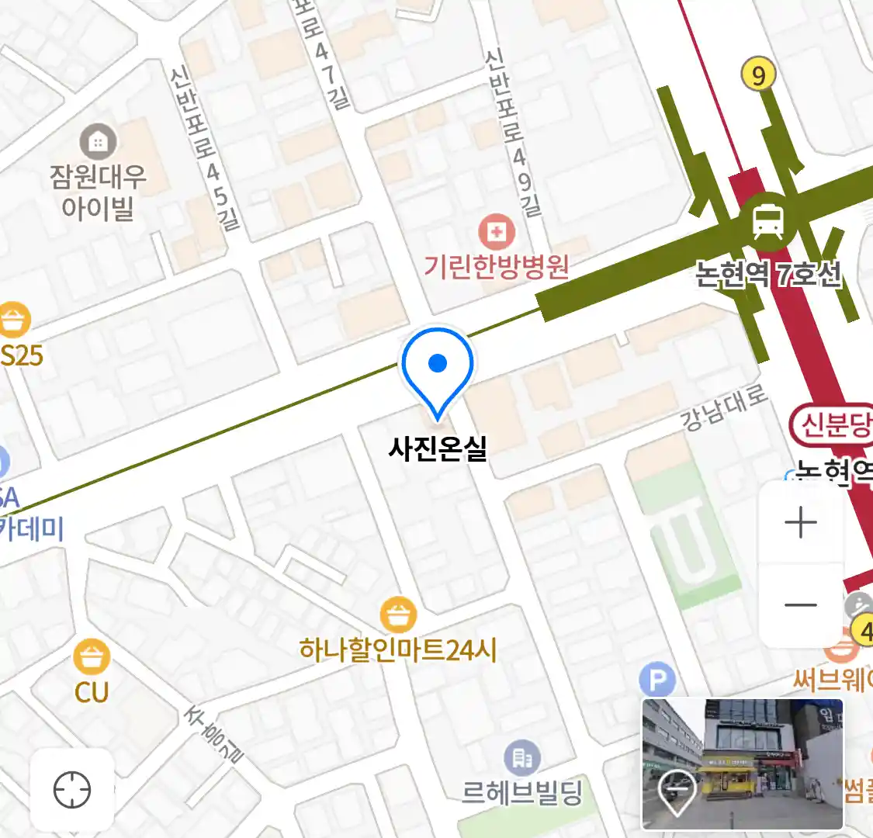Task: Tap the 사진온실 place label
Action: [x=438, y=448]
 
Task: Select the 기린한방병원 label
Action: [x=497, y=266]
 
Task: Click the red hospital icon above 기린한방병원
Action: [x=497, y=232]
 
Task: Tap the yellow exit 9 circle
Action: [x=758, y=74]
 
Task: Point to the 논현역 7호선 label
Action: [x=767, y=275]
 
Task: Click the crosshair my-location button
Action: [x=72, y=791]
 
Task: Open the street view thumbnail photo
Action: [x=742, y=764]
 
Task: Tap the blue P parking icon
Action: [x=657, y=681]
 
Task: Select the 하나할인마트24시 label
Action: [x=398, y=649]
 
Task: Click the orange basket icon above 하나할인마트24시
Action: [x=399, y=616]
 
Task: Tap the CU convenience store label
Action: [x=92, y=691]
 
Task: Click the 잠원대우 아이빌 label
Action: [x=98, y=192]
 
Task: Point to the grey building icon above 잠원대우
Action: [x=99, y=142]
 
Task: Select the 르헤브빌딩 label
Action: [x=521, y=792]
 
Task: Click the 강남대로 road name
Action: [x=724, y=407]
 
